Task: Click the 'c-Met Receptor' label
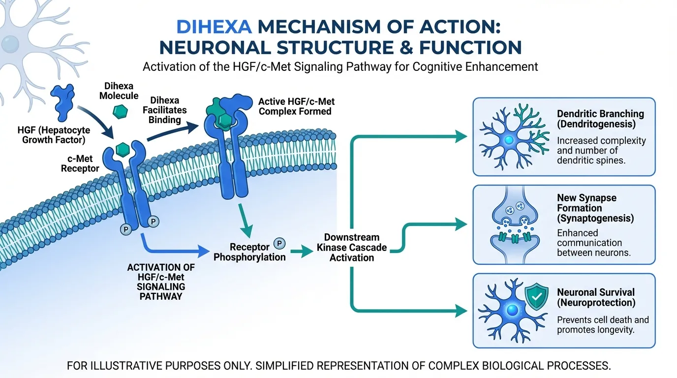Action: (x=80, y=163)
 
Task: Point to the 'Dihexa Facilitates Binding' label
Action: (x=165, y=109)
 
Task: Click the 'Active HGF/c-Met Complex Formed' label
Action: (x=296, y=106)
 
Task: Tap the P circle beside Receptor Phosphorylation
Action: (x=279, y=243)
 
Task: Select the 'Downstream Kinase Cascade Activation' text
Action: (x=352, y=248)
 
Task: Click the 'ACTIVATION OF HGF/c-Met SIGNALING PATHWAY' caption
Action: (x=161, y=282)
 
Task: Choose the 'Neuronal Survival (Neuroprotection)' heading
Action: (x=596, y=297)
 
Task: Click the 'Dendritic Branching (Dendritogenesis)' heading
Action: (x=600, y=119)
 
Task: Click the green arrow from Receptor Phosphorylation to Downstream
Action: (x=302, y=252)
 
